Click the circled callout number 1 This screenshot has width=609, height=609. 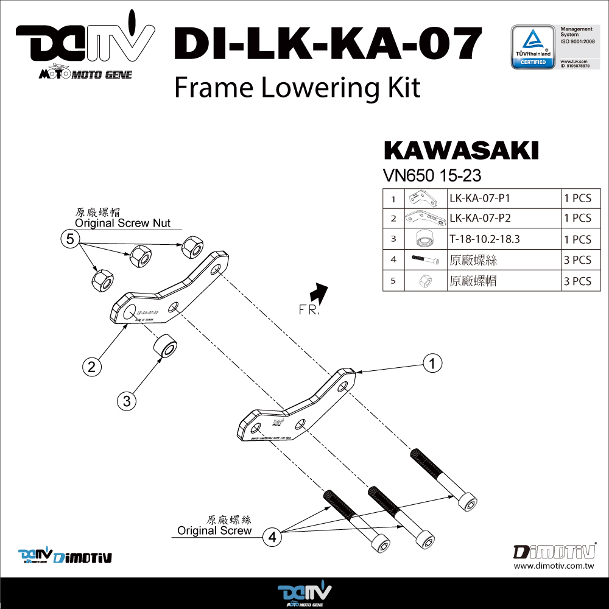tap(432, 364)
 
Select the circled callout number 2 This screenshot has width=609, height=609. tap(91, 366)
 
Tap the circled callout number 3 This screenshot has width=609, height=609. tap(127, 401)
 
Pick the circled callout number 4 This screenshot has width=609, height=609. tap(272, 537)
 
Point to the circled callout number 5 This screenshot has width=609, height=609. tap(70, 239)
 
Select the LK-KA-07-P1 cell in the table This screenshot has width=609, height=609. tap(503, 198)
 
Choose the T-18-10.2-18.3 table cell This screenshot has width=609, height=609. tap(503, 239)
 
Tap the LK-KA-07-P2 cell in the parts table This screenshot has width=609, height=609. tap(503, 218)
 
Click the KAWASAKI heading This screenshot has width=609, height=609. tap(461, 151)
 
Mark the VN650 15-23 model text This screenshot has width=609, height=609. tap(432, 176)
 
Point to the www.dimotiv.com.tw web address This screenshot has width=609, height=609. tap(554, 566)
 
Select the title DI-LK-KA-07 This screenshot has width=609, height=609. tap(328, 46)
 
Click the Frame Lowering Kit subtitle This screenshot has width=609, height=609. tap(297, 88)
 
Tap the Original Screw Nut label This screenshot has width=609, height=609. tap(122, 223)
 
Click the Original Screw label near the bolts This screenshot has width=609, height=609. tap(214, 530)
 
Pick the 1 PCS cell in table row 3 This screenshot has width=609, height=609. tap(577, 239)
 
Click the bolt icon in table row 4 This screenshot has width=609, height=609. tap(424, 260)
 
